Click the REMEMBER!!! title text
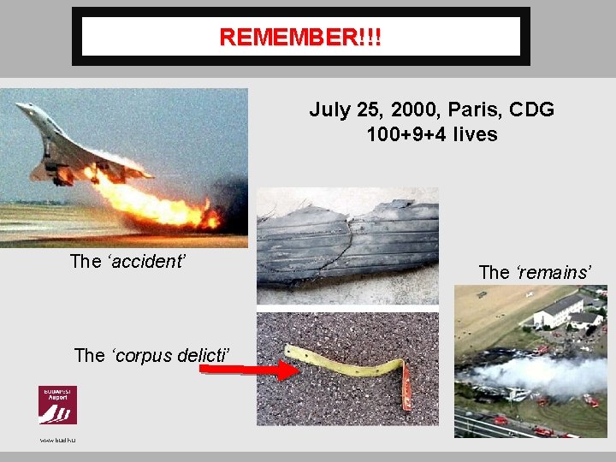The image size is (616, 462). pyautogui.click(x=300, y=38)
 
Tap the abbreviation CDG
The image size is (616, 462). pyautogui.click(x=532, y=110)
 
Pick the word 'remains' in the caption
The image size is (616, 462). pyautogui.click(x=555, y=273)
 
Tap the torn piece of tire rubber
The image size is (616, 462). pyautogui.click(x=346, y=244)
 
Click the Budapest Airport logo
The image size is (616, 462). pyautogui.click(x=57, y=405)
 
